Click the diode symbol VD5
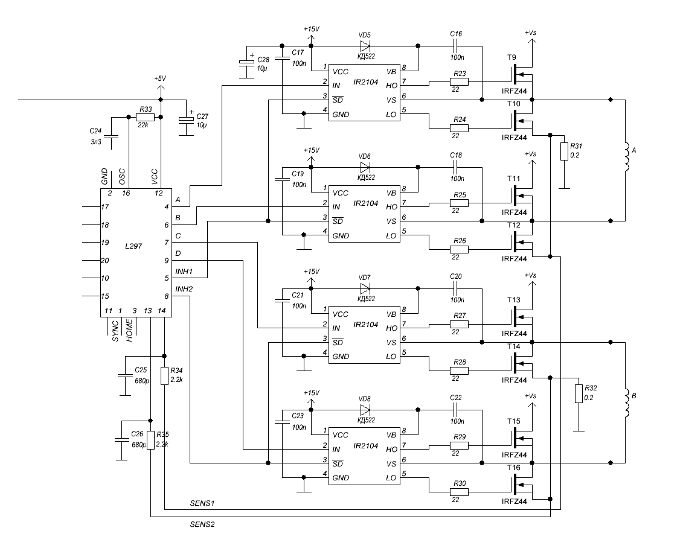click(365, 46)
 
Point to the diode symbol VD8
click(365, 409)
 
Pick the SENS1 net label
click(202, 503)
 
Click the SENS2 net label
click(202, 524)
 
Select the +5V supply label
click(160, 78)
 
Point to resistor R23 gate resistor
click(458, 82)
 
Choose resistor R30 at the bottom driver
click(458, 492)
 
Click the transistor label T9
click(511, 57)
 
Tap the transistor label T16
click(513, 468)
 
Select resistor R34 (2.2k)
click(164, 376)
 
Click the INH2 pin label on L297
click(184, 289)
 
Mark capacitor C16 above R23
click(456, 46)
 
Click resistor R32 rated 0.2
click(578, 393)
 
